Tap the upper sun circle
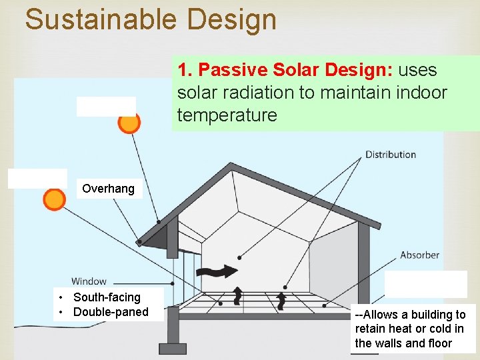tap(129, 122)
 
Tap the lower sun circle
tap(54, 199)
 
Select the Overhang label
tap(108, 189)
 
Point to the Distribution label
tap(391, 155)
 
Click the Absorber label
tap(419, 255)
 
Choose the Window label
tap(89, 281)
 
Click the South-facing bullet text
tap(107, 297)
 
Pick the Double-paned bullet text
tap(111, 312)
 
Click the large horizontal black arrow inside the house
tap(219, 271)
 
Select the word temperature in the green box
tap(227, 115)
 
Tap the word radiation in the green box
tap(257, 93)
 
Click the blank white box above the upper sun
tap(106, 106)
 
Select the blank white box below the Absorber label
tap(426, 284)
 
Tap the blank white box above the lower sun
tap(37, 179)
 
